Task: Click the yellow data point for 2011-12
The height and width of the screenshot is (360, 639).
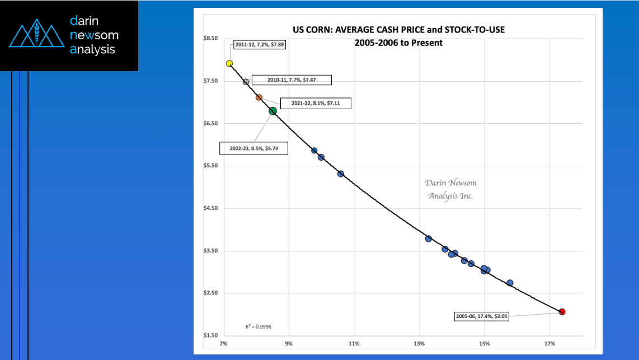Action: click(229, 63)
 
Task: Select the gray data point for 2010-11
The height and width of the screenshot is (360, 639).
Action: click(246, 82)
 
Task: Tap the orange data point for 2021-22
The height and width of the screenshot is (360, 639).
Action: click(259, 97)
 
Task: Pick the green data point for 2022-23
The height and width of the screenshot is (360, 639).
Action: click(272, 111)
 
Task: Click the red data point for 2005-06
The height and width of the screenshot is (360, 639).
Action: click(562, 312)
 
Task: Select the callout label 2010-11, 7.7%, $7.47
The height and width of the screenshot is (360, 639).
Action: click(292, 80)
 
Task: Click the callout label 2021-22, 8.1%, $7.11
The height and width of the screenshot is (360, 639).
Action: click(314, 103)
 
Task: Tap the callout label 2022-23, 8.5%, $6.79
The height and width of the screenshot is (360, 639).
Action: click(253, 148)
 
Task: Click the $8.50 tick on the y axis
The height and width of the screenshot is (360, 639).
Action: click(211, 39)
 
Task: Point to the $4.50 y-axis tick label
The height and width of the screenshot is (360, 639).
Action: click(211, 208)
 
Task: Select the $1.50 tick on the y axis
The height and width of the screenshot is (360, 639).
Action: click(211, 336)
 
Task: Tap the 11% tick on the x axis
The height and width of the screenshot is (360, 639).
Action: click(354, 343)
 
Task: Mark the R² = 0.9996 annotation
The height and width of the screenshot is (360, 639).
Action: click(259, 326)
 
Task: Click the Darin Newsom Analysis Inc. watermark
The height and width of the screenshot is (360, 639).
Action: click(450, 189)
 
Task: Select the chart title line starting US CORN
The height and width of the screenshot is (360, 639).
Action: click(398, 29)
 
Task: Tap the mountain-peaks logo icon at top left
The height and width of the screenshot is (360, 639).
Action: click(35, 35)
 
